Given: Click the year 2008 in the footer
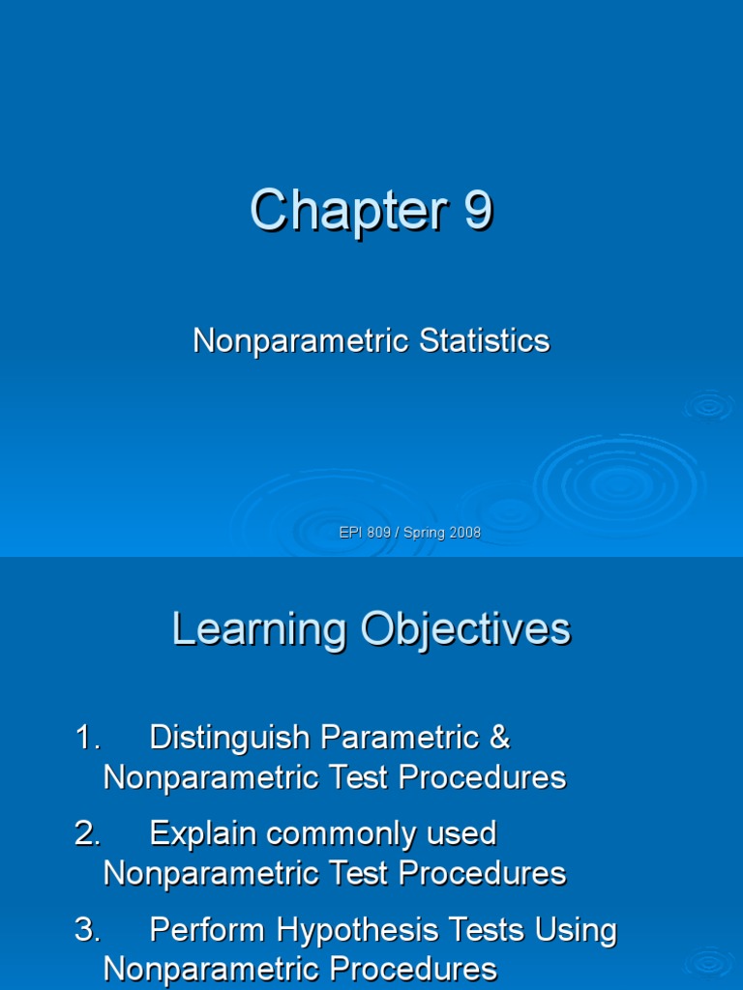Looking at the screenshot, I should tap(464, 533).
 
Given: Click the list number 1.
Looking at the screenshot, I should tap(87, 738).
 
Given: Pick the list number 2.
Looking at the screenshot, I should tap(87, 833).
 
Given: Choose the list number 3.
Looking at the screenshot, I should tap(87, 930).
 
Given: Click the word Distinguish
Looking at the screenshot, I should tap(230, 738).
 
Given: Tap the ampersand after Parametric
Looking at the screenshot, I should tap(499, 738).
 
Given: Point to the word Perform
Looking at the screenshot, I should tap(208, 930).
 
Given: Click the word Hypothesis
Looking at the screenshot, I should tap(362, 930).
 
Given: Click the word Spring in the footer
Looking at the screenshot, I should tap(423, 533).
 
